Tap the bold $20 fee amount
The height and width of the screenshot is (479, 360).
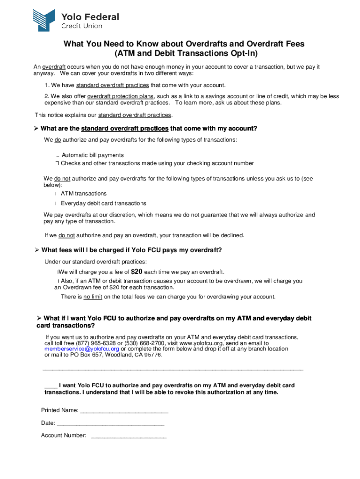click(x=137, y=272)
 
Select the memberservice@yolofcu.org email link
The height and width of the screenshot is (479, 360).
click(x=82, y=349)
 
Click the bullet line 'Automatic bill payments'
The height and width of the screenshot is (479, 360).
click(x=93, y=155)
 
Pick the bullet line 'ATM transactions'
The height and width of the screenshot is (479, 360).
click(x=84, y=194)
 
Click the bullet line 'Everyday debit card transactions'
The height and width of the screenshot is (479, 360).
click(x=103, y=203)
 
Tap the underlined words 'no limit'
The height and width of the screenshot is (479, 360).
click(x=93, y=297)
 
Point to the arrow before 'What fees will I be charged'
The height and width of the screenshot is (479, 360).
click(x=37, y=250)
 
